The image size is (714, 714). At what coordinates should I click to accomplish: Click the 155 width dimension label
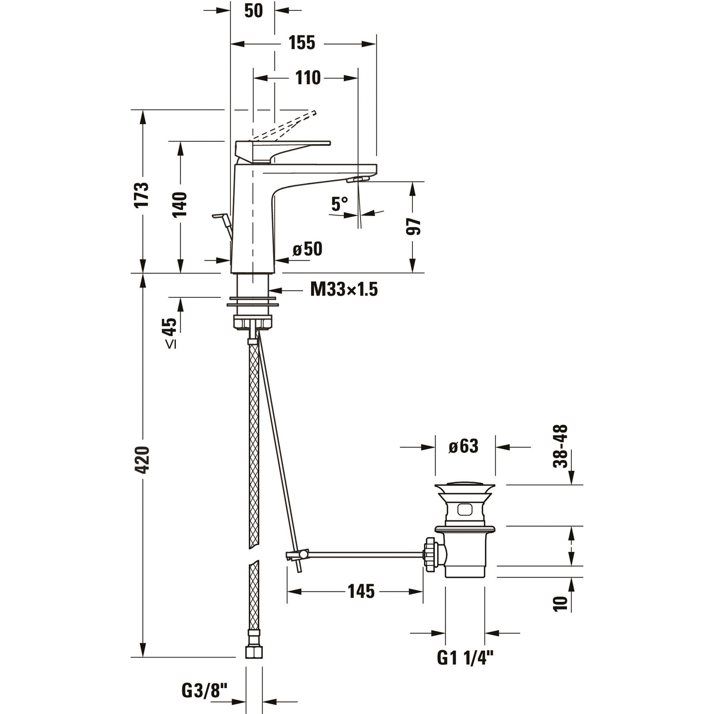(302, 43)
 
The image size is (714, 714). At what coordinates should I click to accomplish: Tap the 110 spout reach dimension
(308, 78)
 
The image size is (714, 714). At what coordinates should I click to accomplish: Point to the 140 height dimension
(180, 204)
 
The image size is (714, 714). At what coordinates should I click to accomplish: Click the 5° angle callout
(339, 204)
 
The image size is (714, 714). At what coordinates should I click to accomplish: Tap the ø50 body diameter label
(308, 249)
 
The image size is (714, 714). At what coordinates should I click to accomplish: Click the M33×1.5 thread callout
(344, 290)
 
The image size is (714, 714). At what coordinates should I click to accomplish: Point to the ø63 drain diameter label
(464, 446)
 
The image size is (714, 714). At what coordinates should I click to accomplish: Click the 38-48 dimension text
(560, 446)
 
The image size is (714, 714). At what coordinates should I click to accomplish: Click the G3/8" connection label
(204, 690)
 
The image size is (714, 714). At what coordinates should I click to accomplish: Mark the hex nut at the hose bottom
(254, 651)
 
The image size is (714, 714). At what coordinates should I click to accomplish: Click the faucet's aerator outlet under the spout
(358, 180)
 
